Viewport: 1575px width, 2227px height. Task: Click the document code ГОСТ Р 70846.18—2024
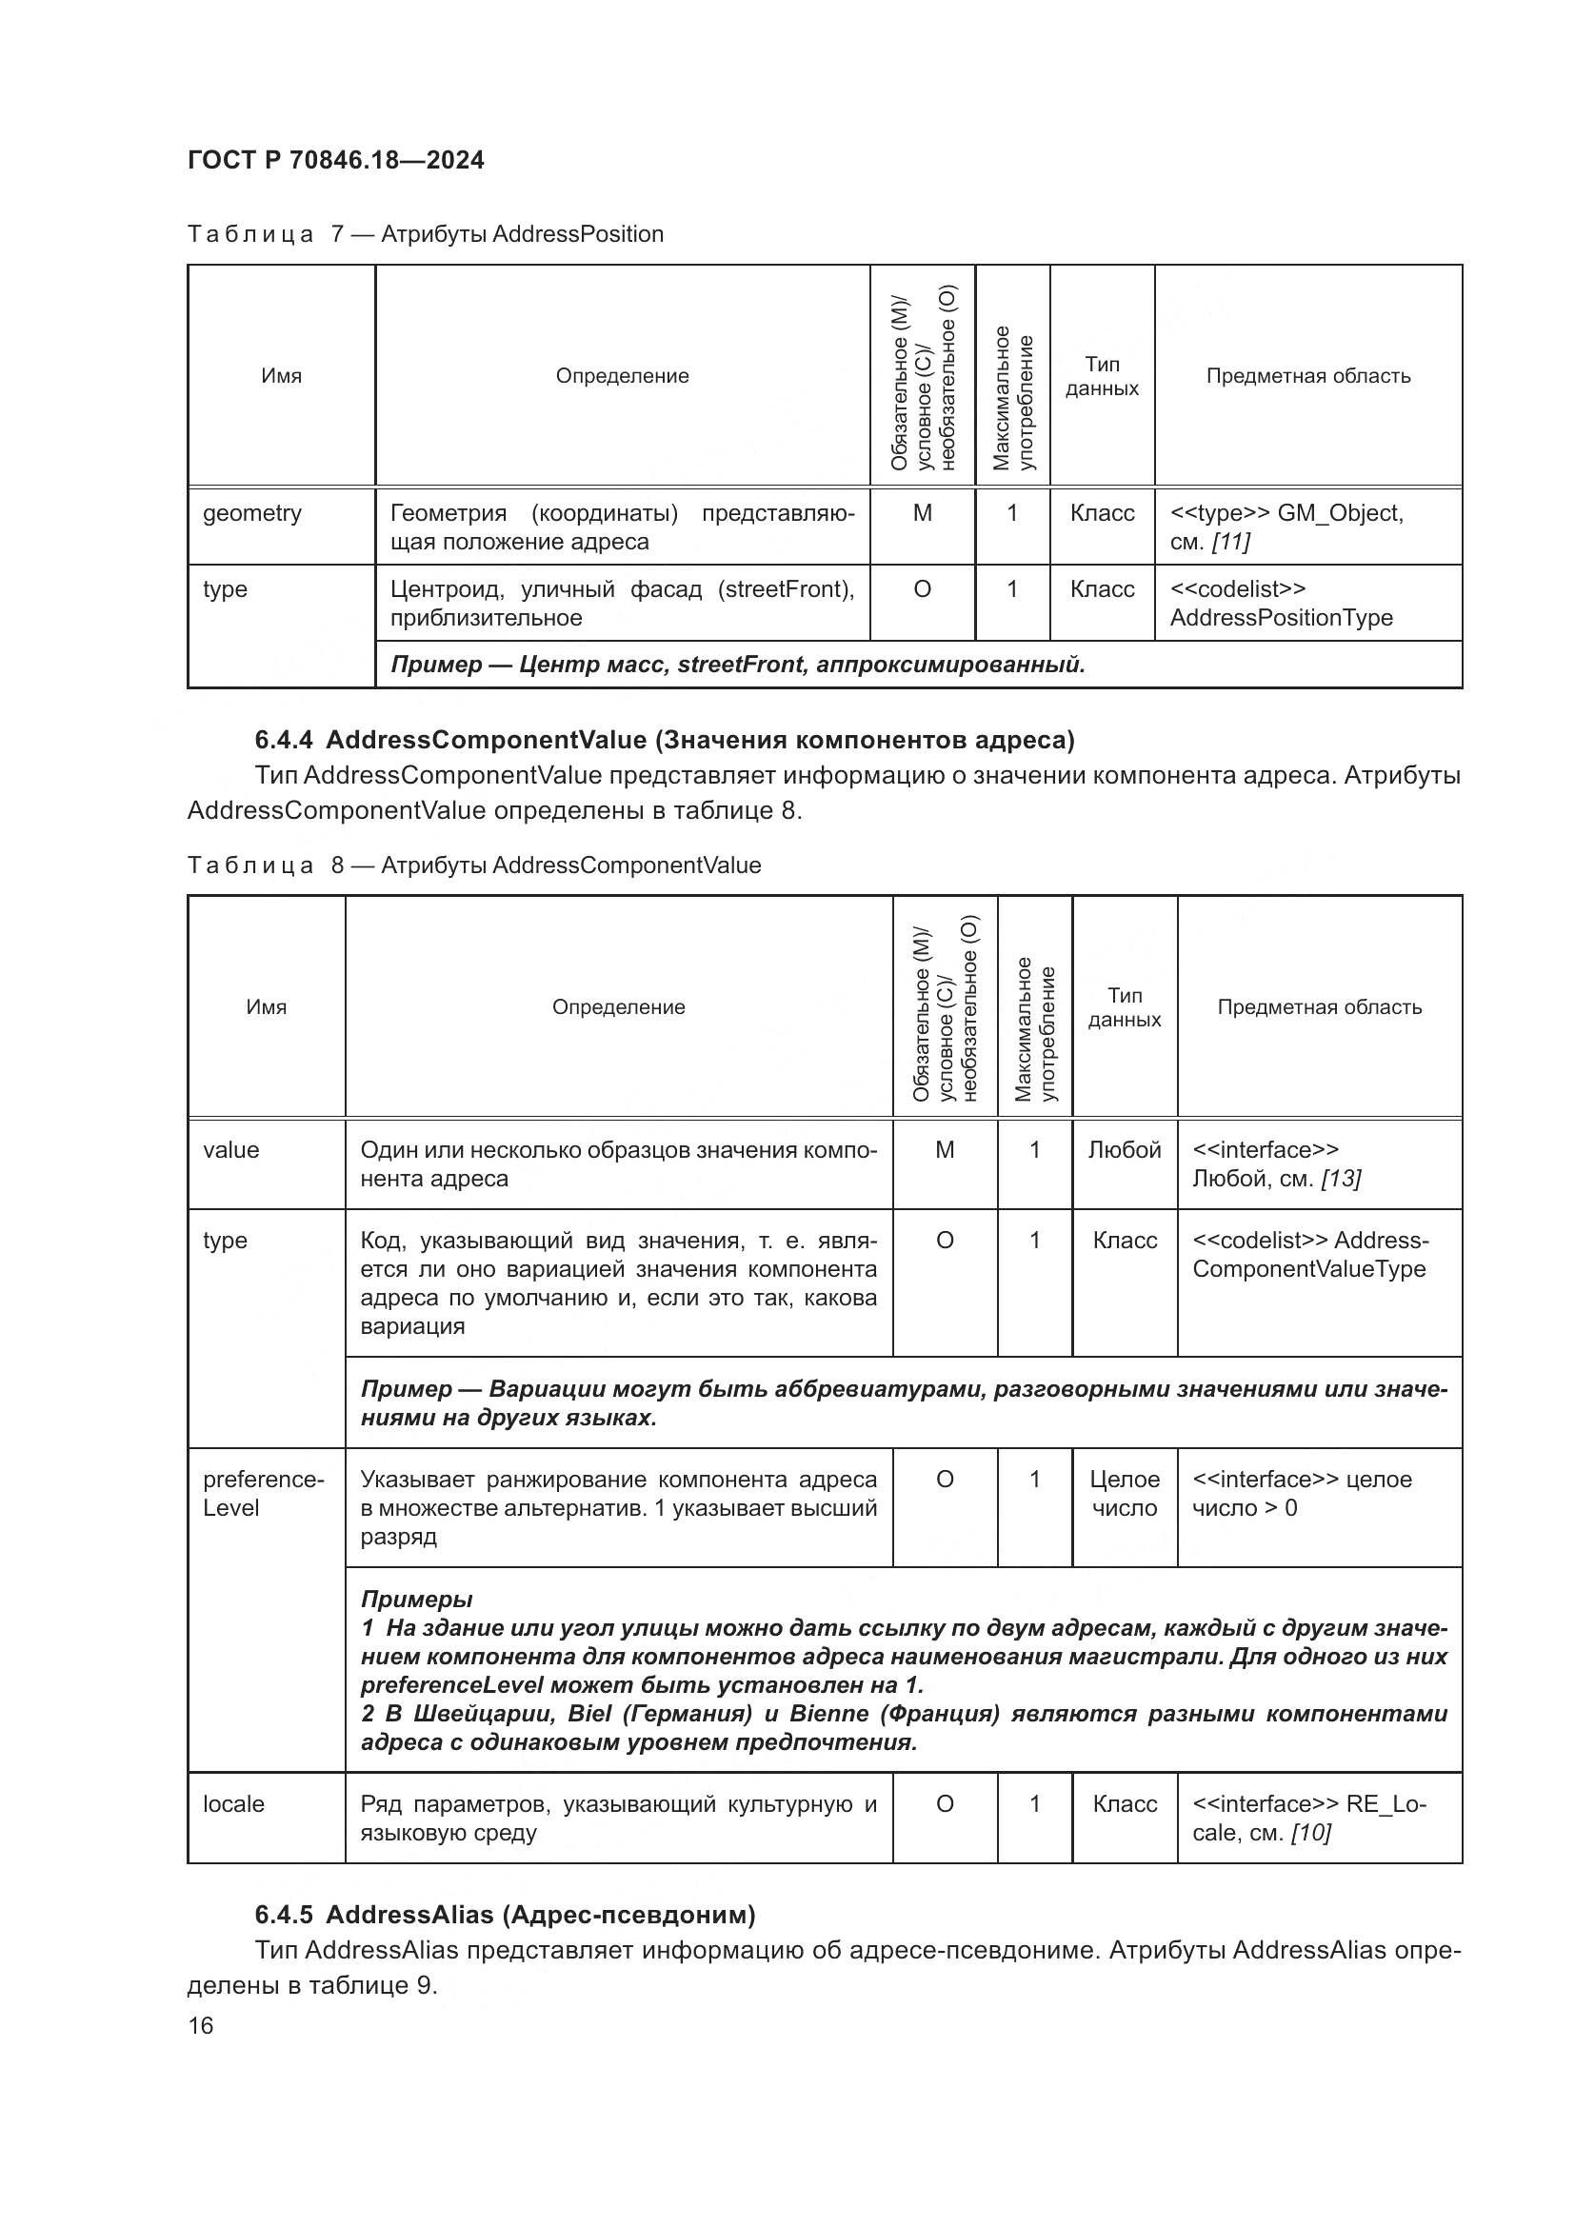(335, 160)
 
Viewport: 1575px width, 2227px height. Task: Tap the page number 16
(201, 2025)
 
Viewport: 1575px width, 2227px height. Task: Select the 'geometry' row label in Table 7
(252, 513)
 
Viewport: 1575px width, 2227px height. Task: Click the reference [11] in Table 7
(1230, 542)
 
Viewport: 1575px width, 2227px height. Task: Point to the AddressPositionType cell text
(1280, 618)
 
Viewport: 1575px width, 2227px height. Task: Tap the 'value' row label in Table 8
(230, 1150)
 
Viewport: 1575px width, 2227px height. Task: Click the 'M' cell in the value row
(944, 1150)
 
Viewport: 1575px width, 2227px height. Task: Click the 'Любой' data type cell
(1124, 1150)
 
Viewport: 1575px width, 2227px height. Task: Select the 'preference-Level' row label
(263, 1494)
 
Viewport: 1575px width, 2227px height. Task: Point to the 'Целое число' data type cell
(1124, 1494)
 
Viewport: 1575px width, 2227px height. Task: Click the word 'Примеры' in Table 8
(416, 1600)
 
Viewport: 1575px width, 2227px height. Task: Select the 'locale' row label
(233, 1804)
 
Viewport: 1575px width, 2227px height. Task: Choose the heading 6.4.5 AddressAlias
(505, 1915)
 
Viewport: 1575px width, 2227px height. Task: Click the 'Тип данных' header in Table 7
(1102, 376)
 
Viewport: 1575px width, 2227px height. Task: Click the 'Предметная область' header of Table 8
(1319, 1007)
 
